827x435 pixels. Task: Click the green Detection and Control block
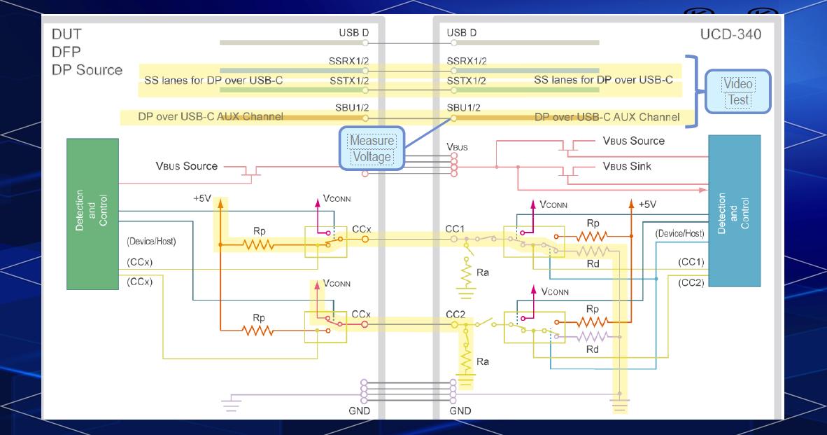(x=92, y=214)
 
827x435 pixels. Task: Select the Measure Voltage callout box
(x=372, y=149)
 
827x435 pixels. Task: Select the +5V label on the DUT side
(x=203, y=198)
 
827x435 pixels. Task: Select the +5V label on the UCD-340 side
(x=646, y=205)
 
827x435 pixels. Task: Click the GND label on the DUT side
(x=359, y=410)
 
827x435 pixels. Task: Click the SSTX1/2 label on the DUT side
(x=349, y=81)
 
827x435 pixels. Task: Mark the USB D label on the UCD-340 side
(x=461, y=33)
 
